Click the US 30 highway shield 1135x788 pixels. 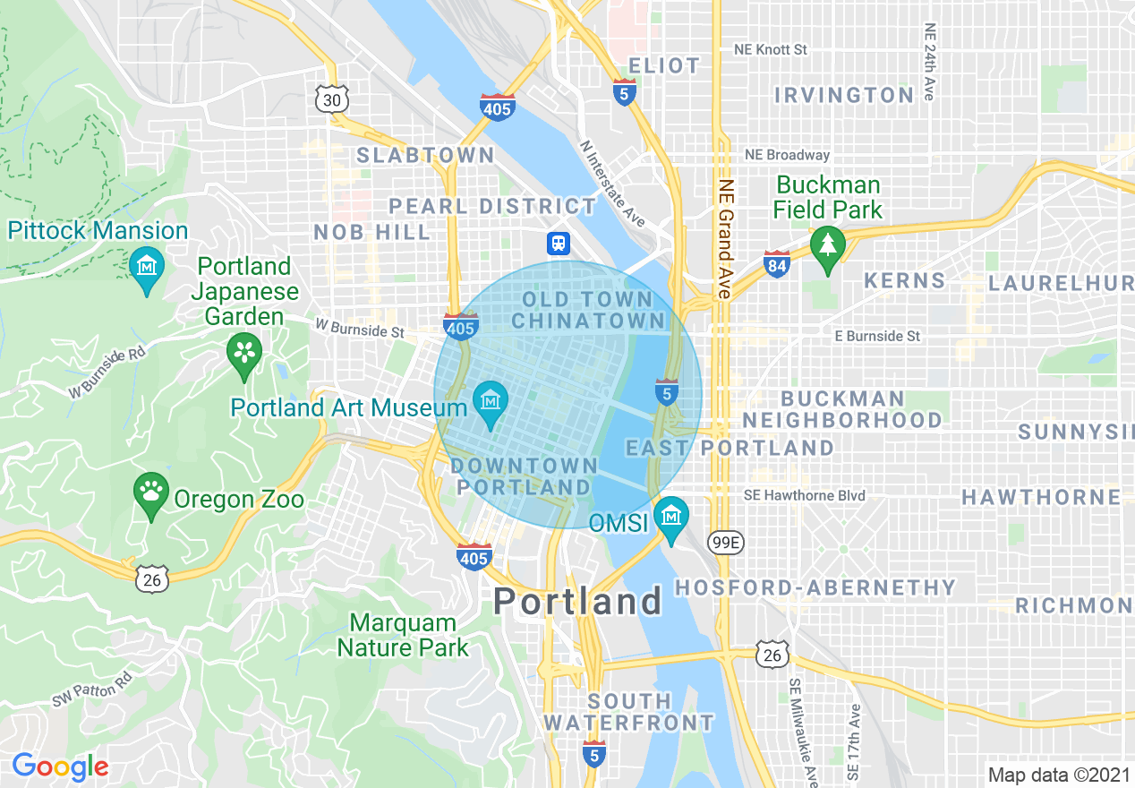(x=331, y=99)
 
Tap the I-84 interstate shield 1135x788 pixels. (x=777, y=263)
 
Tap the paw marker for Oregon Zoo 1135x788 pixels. (x=151, y=492)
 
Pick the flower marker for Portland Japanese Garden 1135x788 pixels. (x=243, y=351)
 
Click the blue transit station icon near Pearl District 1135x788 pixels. (x=559, y=243)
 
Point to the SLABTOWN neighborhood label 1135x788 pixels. (x=425, y=155)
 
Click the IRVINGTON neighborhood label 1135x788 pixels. (x=844, y=95)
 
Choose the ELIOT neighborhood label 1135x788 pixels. (x=664, y=65)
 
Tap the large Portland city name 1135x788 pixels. (x=577, y=601)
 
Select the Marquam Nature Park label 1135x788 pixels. (x=403, y=635)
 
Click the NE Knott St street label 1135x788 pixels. (x=770, y=49)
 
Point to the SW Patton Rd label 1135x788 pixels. (x=92, y=689)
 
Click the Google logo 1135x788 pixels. (x=60, y=767)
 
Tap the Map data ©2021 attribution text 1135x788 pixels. (x=1056, y=775)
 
